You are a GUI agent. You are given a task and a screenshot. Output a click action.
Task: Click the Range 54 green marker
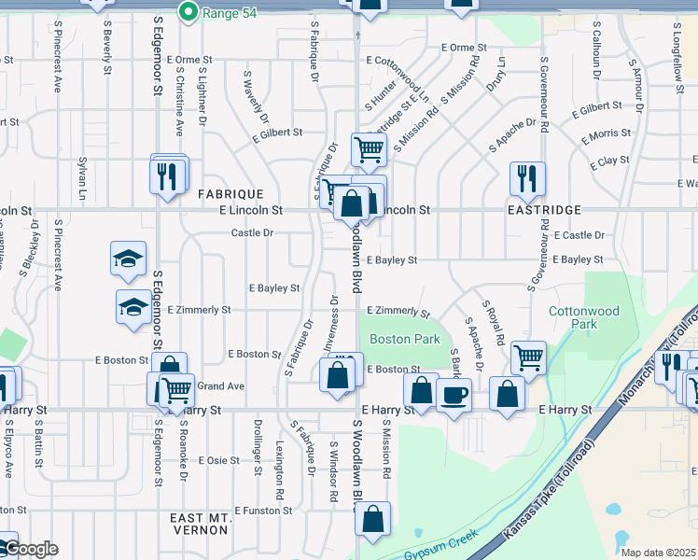[188, 12]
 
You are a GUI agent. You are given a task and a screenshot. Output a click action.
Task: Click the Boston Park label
[404, 340]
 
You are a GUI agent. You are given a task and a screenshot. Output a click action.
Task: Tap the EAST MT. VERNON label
[200, 524]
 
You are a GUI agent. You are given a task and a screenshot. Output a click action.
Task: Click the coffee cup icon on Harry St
[454, 394]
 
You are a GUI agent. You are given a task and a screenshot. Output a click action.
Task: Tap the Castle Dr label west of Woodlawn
[252, 232]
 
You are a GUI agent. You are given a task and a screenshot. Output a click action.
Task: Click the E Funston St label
[264, 511]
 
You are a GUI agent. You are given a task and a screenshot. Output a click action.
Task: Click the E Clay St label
[610, 161]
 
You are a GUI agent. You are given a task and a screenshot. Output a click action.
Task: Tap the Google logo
[30, 548]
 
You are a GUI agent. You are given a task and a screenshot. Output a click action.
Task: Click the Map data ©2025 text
[658, 553]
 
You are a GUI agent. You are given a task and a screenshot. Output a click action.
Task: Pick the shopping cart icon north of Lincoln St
[369, 148]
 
